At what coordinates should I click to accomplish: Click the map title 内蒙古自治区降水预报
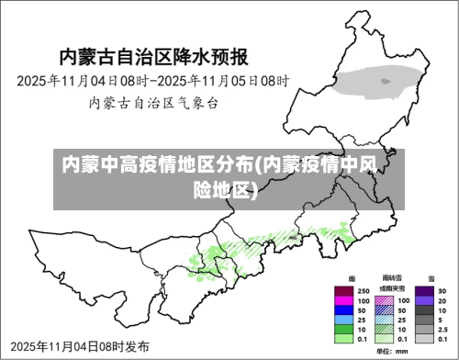pyautogui.click(x=153, y=57)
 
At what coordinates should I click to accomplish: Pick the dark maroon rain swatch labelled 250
pyautogui.click(x=345, y=291)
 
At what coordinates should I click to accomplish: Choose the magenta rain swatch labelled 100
pyautogui.click(x=345, y=300)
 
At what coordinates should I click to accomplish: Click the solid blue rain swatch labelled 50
pyautogui.click(x=345, y=309)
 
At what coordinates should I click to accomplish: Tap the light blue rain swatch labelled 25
pyautogui.click(x=345, y=319)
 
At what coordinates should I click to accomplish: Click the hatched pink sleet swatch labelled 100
pyautogui.click(x=385, y=300)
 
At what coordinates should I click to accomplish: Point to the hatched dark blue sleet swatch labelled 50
pyautogui.click(x=385, y=309)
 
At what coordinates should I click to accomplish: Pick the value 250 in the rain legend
pyautogui.click(x=364, y=291)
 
